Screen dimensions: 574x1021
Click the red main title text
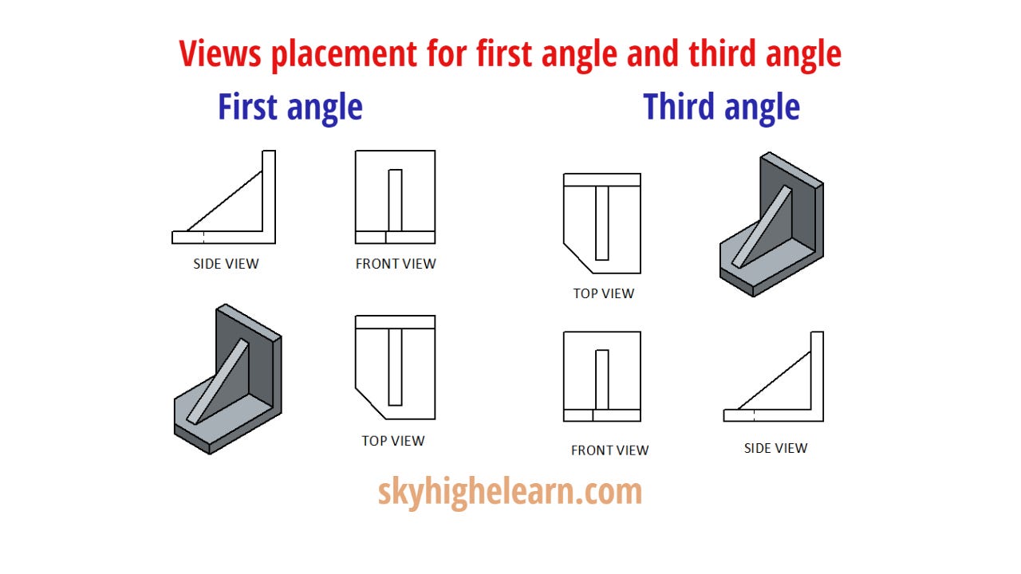point(510,54)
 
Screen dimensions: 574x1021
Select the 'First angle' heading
point(290,107)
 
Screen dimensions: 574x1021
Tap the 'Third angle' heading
point(721,107)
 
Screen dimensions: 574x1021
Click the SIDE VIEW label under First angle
point(226,264)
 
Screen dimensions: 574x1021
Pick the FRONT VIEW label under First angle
point(396,264)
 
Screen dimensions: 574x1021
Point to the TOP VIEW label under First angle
point(393,441)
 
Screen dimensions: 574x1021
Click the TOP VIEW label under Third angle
point(604,293)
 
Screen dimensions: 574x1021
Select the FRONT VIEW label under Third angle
point(609,450)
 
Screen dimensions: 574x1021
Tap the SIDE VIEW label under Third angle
point(775,448)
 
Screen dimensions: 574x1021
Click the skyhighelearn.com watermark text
point(510,491)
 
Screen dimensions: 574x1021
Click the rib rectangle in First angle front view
point(395,199)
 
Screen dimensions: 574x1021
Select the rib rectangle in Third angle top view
point(602,222)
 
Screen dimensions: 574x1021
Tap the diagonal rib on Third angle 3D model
point(763,227)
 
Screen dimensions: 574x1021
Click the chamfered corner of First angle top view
point(370,403)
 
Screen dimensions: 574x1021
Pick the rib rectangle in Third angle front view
point(602,379)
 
